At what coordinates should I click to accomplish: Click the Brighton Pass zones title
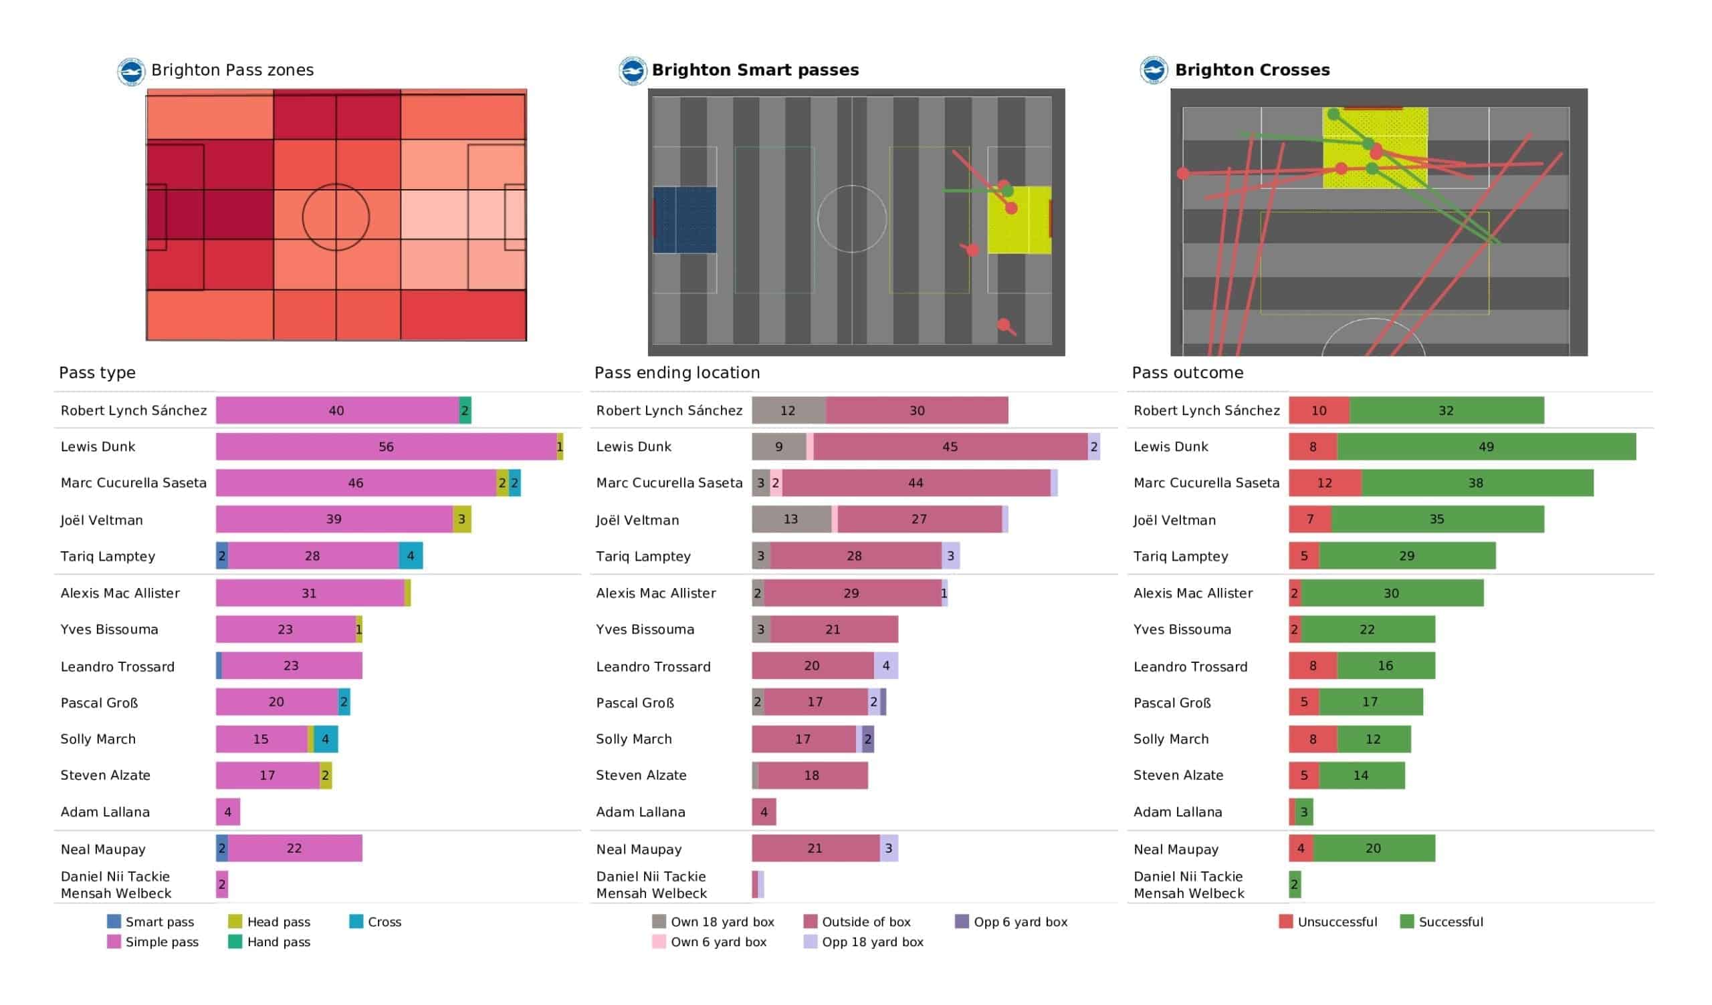point(232,70)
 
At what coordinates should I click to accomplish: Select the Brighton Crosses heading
point(1251,70)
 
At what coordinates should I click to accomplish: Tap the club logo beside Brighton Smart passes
point(632,71)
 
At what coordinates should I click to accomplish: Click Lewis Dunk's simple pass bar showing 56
point(386,447)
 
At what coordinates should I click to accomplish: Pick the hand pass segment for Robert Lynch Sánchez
point(465,410)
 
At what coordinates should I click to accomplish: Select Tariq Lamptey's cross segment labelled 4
point(411,555)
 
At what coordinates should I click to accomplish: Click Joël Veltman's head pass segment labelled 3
point(461,519)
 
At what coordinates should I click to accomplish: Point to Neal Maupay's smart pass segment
point(222,848)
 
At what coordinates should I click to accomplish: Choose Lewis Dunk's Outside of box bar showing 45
point(950,447)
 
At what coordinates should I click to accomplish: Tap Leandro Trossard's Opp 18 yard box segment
point(885,666)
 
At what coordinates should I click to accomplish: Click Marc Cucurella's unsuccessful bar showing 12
point(1325,483)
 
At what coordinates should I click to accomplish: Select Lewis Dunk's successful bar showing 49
point(1486,447)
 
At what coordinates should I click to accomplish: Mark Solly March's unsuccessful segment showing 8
point(1313,739)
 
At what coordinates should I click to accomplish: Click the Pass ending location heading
point(677,373)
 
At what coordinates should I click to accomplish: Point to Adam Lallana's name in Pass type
point(105,811)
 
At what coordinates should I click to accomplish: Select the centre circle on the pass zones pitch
point(336,217)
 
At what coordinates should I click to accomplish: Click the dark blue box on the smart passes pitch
point(684,220)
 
